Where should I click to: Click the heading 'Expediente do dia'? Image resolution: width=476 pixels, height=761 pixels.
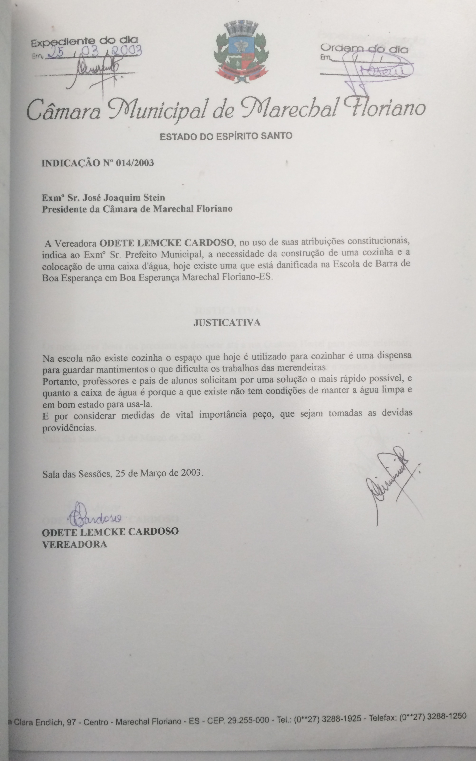[84, 42]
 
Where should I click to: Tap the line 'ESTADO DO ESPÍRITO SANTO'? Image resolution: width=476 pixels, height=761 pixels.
[226, 136]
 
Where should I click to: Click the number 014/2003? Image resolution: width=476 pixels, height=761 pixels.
[135, 163]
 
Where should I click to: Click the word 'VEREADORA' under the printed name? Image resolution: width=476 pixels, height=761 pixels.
[75, 544]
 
